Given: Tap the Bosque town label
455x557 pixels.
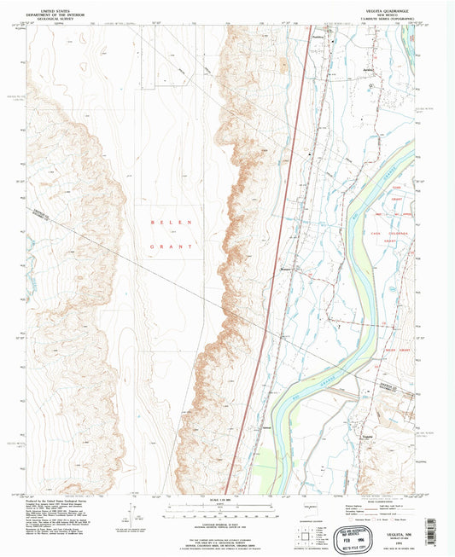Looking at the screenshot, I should pyautogui.click(x=287, y=271).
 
